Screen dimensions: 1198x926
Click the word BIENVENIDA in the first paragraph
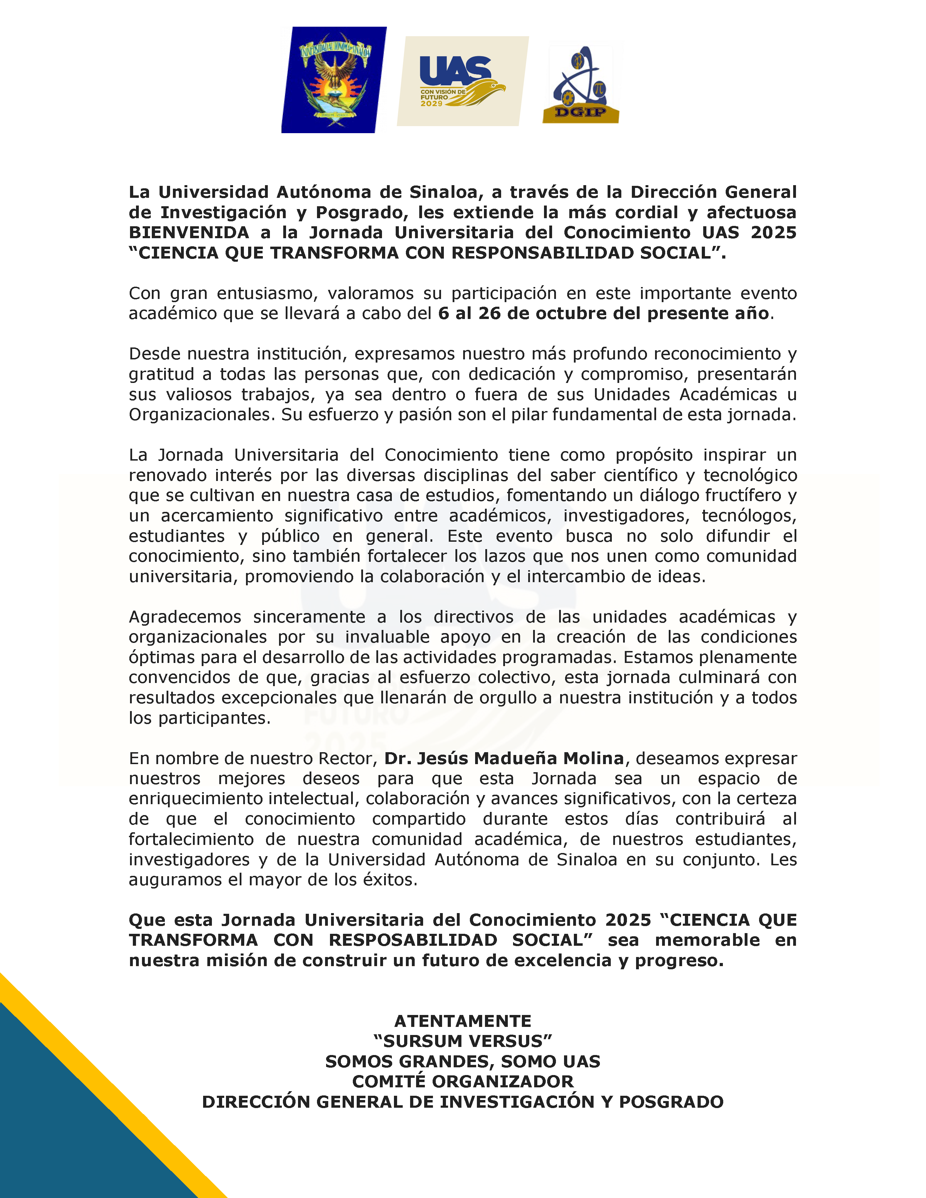pos(189,233)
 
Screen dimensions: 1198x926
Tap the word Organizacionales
pos(201,415)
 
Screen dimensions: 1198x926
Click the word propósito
pos(654,455)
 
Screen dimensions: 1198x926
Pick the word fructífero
pos(745,495)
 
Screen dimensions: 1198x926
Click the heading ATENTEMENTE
pos(462,1021)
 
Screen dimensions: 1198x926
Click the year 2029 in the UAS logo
pos(432,104)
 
